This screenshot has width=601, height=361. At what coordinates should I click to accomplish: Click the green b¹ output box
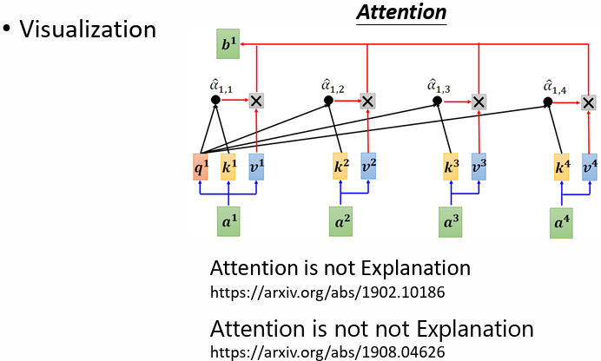point(228,44)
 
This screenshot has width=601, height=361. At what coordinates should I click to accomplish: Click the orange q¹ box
point(201,167)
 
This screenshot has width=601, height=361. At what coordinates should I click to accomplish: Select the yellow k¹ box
point(228,167)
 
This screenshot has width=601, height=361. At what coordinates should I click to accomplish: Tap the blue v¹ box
point(256,167)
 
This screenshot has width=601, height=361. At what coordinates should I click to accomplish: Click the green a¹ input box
point(228,221)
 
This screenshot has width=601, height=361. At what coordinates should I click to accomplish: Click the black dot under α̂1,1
point(215,101)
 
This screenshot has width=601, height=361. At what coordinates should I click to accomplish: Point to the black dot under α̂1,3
point(437,101)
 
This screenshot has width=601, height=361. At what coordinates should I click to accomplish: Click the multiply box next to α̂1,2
point(367,101)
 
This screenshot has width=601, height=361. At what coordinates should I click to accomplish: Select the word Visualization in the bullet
point(88,29)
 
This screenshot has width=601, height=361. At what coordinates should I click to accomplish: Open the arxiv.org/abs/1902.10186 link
point(327,292)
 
